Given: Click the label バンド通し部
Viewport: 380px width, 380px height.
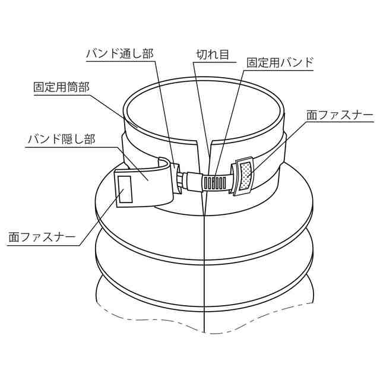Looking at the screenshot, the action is (120, 54).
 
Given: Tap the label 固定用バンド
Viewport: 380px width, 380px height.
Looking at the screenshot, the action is (280, 62).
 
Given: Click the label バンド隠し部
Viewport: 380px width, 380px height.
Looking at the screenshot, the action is (62, 140).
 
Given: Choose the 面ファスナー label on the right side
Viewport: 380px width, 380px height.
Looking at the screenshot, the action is (339, 114).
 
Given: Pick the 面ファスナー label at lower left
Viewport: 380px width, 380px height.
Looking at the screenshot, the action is (42, 237).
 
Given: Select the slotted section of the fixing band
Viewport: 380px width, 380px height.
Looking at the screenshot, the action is (217, 180).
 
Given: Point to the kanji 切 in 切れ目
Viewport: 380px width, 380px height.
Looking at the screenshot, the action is (201, 54).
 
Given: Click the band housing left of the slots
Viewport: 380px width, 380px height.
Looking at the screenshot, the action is (192, 179).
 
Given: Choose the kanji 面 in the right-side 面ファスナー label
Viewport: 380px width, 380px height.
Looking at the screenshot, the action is (312, 114).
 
